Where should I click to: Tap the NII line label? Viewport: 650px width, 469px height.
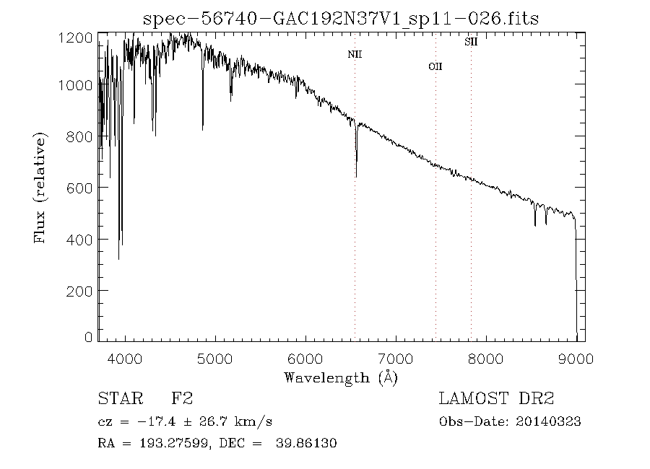354,54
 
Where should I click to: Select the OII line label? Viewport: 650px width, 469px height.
435,66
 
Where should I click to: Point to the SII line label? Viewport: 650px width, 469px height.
471,42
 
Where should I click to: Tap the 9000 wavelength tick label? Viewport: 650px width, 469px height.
576,357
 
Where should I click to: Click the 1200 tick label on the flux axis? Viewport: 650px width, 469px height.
78,38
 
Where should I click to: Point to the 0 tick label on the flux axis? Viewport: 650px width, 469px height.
89,337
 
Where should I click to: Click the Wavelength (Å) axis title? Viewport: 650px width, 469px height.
341,377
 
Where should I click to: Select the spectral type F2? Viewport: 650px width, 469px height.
182,398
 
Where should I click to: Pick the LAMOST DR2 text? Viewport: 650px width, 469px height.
497,398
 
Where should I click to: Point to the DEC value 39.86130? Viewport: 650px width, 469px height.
306,443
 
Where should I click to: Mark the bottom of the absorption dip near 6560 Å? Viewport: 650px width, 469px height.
356,175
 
